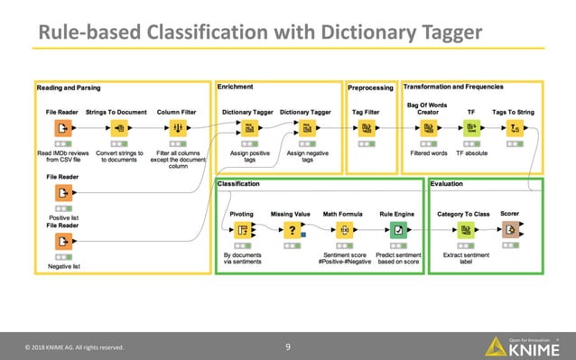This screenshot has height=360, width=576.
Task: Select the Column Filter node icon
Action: pos(178,129)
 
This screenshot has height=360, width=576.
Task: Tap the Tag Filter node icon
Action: pos(365,129)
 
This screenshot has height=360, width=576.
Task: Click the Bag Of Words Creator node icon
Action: pos(429,129)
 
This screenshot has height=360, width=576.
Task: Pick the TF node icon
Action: pos(470,129)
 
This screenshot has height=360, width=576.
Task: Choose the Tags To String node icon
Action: pos(514,129)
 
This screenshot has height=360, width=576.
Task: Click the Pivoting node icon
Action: pos(242,230)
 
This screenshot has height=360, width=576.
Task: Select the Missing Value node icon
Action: pos(291,230)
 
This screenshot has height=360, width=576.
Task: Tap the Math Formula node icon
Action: pos(344,230)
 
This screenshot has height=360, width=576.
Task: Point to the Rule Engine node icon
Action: pos(397,230)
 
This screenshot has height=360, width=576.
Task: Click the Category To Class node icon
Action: pos(463,230)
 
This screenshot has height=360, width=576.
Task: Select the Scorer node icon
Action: pos(509,230)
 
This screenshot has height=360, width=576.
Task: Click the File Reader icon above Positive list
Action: pos(62,193)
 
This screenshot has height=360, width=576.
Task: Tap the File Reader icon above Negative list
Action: pos(62,241)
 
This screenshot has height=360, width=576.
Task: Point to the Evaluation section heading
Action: pos(448,184)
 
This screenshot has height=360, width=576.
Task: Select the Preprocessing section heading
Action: pos(370,88)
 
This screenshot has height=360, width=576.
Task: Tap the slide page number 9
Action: pos(287,346)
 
